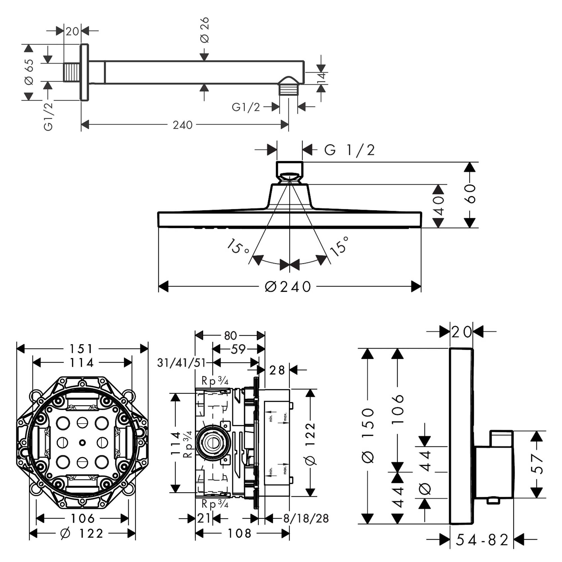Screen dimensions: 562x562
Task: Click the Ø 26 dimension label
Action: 205,30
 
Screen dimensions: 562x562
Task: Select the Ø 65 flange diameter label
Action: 30,72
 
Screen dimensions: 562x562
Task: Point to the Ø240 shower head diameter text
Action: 288,287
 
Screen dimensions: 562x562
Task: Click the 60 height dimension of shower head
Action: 470,193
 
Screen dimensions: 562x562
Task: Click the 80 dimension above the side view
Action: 230,336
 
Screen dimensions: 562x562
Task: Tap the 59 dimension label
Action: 238,349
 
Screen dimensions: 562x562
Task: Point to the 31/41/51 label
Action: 181,363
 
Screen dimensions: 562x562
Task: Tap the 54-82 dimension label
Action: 482,540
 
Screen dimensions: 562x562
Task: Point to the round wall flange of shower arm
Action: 84,72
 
